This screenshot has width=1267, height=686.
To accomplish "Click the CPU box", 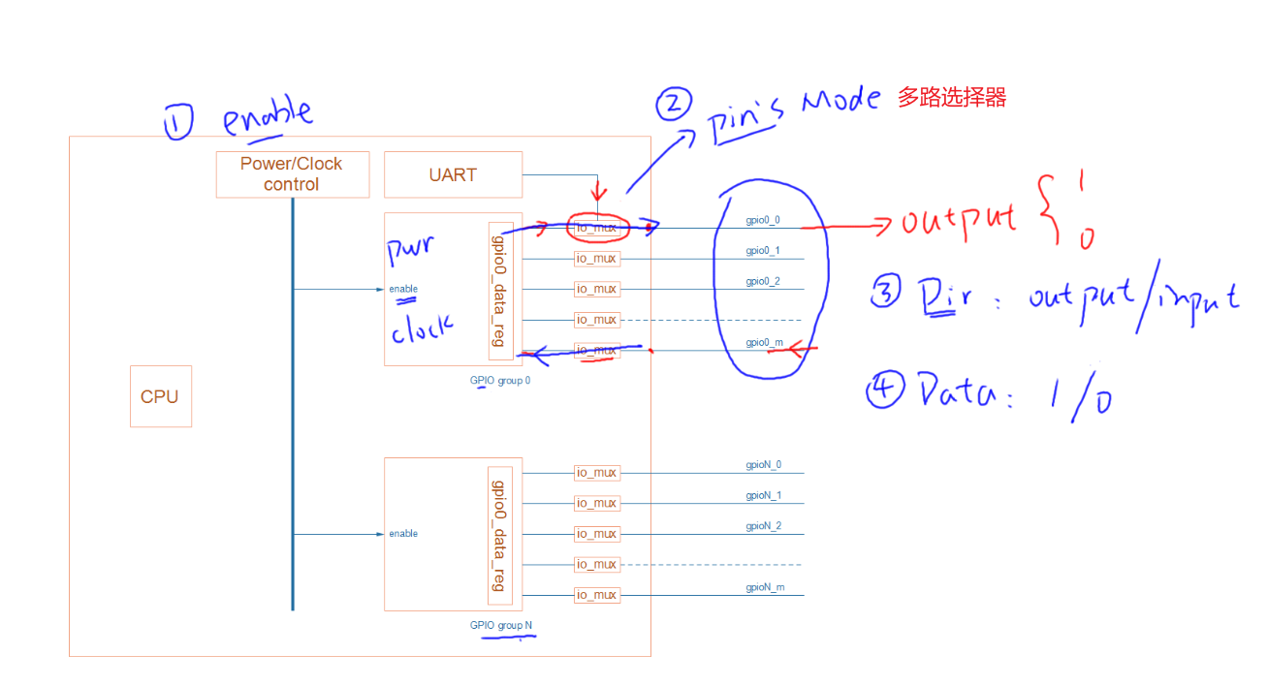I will click(x=160, y=396).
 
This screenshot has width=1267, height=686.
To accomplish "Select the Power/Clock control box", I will click(x=291, y=174).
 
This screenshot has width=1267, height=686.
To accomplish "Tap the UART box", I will click(x=453, y=174).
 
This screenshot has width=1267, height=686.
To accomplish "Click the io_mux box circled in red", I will click(x=596, y=229).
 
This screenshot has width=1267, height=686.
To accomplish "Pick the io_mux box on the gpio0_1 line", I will click(x=596, y=259).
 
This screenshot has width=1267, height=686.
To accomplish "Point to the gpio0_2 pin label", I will click(x=763, y=281).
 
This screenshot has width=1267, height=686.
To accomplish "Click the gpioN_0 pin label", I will click(x=763, y=465).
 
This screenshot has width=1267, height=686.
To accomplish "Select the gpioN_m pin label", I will click(x=765, y=587).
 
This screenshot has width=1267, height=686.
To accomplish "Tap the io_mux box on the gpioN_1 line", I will click(x=596, y=503).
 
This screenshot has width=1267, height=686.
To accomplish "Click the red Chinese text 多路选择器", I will click(x=951, y=97).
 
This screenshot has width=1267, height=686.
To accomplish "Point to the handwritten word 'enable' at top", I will click(x=268, y=118).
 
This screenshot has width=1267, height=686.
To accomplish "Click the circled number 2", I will click(x=674, y=105).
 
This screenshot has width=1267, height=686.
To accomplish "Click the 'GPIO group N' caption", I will click(x=501, y=625).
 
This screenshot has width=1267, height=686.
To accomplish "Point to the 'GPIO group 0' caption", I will click(x=500, y=381).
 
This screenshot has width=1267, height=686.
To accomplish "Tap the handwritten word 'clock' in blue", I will click(x=422, y=329).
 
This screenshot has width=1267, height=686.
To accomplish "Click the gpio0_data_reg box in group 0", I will click(x=500, y=290).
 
